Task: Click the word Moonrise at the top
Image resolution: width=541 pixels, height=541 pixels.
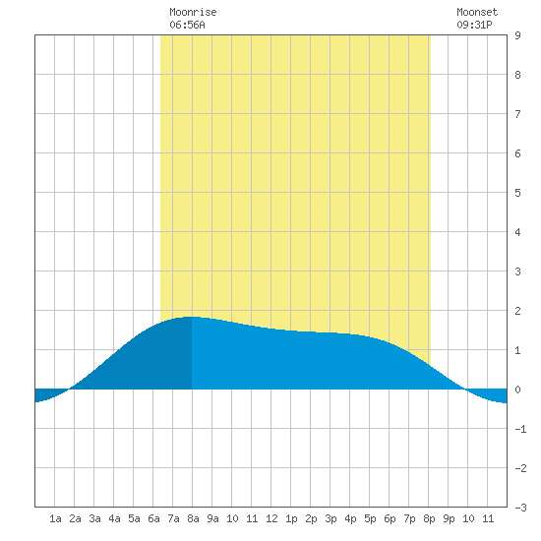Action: click(193, 12)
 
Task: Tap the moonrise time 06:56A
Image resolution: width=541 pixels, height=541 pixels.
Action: click(187, 25)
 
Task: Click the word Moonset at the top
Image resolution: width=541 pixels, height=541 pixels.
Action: click(477, 12)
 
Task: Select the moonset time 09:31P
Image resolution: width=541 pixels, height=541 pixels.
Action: click(474, 25)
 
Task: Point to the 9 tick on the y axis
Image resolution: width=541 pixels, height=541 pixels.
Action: click(517, 35)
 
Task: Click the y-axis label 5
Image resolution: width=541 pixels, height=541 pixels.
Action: click(517, 193)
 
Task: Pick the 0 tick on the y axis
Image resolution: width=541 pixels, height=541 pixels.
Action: click(517, 390)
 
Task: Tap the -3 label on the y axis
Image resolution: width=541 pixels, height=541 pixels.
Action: click(520, 508)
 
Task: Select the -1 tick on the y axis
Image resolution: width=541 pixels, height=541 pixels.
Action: click(520, 429)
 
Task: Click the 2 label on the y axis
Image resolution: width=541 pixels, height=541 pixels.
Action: click(517, 311)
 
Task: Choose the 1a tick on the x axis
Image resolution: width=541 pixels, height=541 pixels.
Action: click(55, 518)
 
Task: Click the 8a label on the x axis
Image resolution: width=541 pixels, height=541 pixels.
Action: click(193, 518)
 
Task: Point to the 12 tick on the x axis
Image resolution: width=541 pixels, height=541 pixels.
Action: click(271, 518)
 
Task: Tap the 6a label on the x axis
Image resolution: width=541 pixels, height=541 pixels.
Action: click(153, 518)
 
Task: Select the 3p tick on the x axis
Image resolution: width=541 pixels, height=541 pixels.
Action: click(331, 518)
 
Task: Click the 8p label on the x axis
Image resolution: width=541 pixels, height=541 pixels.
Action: click(429, 518)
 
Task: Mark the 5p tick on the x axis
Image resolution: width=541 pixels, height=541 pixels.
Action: click(370, 518)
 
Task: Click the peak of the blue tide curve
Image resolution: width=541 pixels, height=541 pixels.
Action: click(192, 317)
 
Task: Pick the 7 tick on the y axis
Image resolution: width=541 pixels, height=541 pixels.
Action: click(517, 114)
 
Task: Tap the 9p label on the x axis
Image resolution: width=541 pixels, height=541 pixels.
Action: click(449, 518)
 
